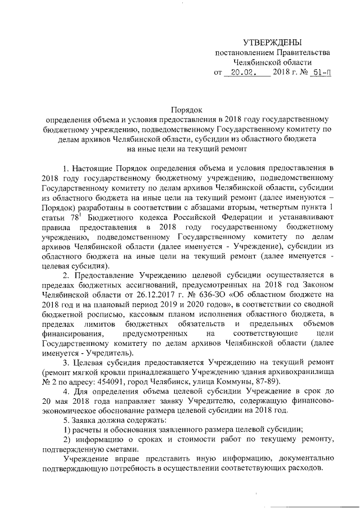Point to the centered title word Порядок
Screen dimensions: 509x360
(x=186, y=110)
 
